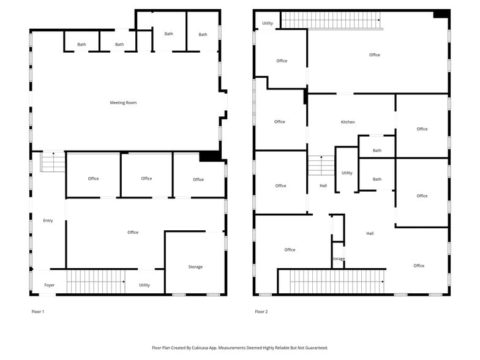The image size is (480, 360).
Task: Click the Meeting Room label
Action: point(123,103)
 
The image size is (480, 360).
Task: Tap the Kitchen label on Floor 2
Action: point(347,122)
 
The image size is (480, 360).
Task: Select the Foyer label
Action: point(49,285)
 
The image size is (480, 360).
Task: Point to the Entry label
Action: point(48,220)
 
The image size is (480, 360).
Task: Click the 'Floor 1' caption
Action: point(38,312)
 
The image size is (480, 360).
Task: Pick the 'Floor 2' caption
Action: point(261,312)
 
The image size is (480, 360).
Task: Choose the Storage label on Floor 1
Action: point(195,267)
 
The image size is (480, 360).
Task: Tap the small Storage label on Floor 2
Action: point(338,259)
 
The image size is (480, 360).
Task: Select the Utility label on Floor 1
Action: point(144,285)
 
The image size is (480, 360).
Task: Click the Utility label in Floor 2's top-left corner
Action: point(268,23)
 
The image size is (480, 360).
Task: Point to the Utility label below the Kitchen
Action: point(347,173)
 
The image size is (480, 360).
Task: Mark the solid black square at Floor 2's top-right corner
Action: point(441,14)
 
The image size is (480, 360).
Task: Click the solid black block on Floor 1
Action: point(209,156)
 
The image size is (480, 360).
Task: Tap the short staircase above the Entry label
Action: point(53,162)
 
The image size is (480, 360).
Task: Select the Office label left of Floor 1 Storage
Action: point(133,233)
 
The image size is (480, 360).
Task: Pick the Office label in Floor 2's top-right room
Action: point(375,55)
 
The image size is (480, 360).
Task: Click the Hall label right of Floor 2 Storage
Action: point(370,233)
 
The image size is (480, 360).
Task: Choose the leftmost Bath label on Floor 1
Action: point(81,45)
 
